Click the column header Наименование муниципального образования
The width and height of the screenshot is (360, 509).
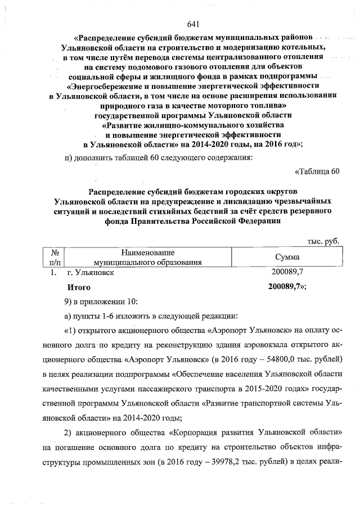147,258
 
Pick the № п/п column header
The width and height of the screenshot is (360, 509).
55,258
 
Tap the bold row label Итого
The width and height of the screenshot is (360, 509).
79,287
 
